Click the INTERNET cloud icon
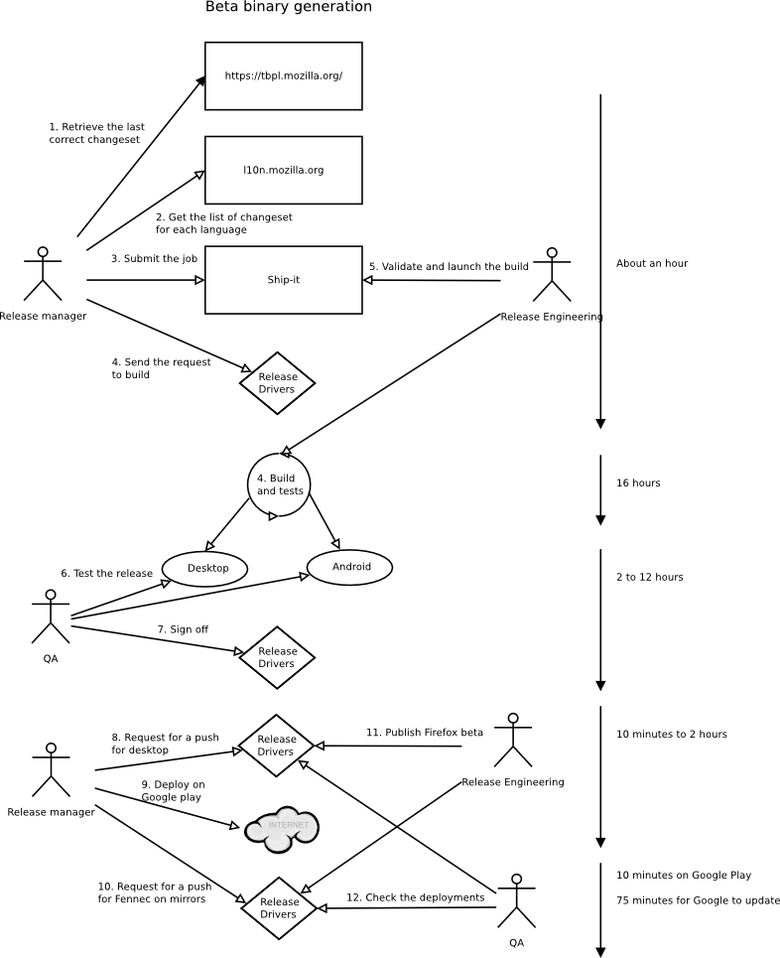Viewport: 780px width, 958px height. click(282, 829)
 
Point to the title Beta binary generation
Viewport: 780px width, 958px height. click(289, 7)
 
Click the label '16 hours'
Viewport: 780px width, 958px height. click(638, 482)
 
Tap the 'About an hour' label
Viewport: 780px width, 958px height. click(652, 263)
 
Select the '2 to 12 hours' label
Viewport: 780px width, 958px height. click(649, 577)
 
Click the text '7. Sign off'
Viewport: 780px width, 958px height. click(183, 629)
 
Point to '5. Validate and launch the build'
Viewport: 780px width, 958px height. click(449, 266)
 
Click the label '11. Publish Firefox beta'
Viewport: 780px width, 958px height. click(425, 732)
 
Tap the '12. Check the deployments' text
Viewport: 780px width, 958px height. click(416, 897)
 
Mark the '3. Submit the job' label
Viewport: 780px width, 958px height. click(154, 258)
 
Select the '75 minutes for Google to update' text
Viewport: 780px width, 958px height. click(699, 900)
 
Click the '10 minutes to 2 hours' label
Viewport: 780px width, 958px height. click(671, 734)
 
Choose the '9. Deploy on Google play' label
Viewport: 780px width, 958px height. click(173, 790)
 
